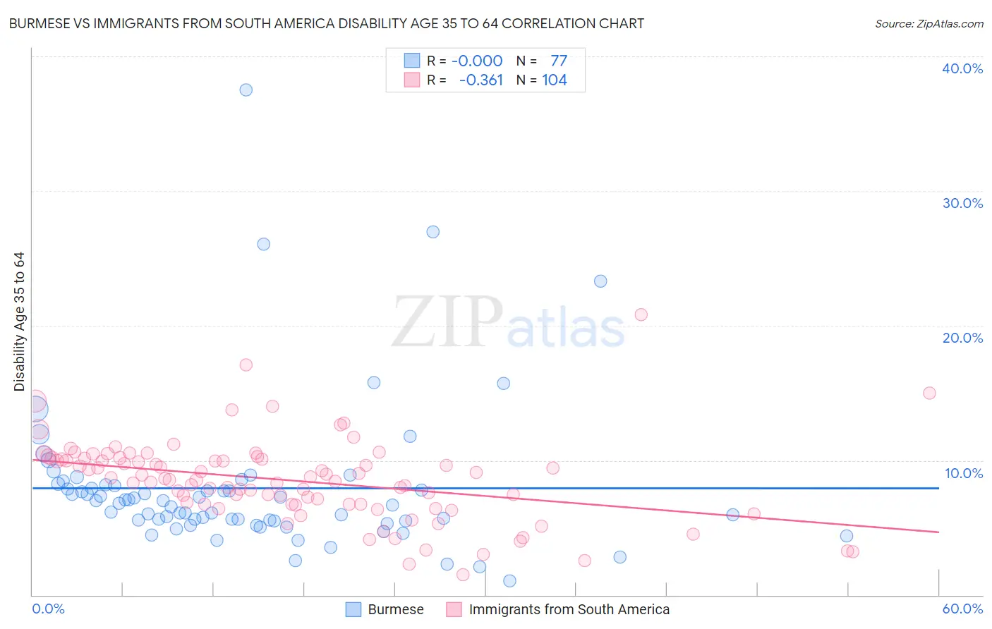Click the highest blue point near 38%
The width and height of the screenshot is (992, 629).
click(246, 90)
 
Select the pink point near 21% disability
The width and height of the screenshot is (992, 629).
click(641, 314)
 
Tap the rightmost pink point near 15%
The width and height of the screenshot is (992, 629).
click(929, 393)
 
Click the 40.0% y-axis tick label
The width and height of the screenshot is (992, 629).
click(962, 68)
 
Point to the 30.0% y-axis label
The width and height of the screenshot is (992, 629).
click(962, 203)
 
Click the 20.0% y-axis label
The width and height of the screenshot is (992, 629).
click(962, 338)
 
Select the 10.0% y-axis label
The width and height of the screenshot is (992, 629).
click(962, 473)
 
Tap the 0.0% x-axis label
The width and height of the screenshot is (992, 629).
click(48, 609)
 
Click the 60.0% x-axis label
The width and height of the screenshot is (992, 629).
click(962, 609)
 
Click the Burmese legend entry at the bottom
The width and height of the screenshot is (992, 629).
click(395, 610)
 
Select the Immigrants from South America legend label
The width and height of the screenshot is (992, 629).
click(569, 610)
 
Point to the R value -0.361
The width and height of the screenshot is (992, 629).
click(480, 80)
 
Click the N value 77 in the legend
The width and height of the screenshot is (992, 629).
click(559, 61)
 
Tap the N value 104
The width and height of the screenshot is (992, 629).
click(555, 80)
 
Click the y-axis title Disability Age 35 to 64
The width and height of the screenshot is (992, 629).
click(19, 322)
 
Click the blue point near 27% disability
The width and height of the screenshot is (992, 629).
click(433, 232)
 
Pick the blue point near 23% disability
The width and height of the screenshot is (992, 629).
click(600, 281)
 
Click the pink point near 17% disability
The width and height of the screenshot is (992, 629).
click(246, 365)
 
